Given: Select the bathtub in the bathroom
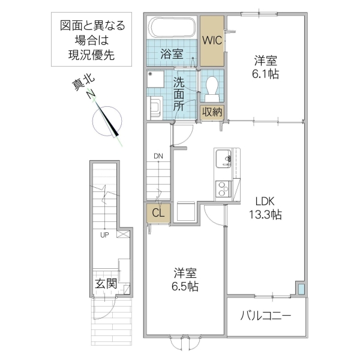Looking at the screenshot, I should (172, 28).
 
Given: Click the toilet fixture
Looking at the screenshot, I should (211, 88).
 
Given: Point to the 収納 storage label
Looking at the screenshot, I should (212, 112).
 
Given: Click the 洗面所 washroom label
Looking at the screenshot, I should (179, 93).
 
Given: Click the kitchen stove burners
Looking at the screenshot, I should (223, 187).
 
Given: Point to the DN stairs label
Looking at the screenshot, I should (158, 157).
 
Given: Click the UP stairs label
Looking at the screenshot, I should (104, 235).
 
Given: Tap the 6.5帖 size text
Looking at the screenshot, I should (184, 287).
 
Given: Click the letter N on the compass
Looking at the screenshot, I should (91, 94).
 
